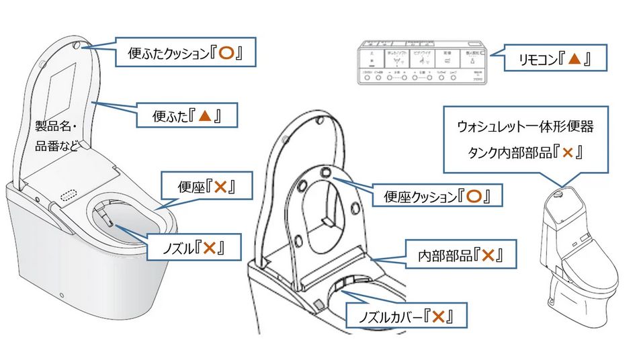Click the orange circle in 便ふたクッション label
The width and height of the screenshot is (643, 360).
[x=226, y=53]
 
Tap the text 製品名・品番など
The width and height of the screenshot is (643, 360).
[x=56, y=135]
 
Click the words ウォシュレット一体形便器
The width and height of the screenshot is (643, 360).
[x=525, y=126]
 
